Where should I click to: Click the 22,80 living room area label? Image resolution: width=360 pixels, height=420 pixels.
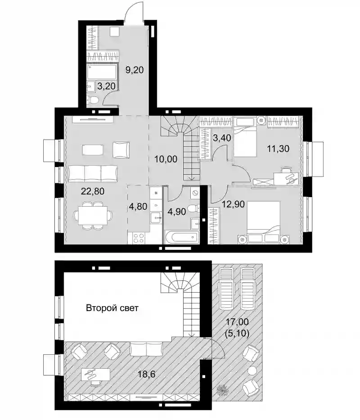coord(93,191)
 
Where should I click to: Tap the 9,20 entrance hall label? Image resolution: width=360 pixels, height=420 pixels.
coord(135,70)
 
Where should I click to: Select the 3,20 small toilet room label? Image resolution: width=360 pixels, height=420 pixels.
coord(106,86)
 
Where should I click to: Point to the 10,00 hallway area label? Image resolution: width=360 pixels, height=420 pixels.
coord(166,159)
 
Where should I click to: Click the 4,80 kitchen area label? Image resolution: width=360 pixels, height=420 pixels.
coord(138,207)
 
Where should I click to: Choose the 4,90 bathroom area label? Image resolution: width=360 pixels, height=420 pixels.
coord(177,212)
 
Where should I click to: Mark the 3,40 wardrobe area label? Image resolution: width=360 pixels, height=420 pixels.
coord(222,138)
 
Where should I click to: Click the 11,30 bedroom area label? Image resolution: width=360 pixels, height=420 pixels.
coord(278,149)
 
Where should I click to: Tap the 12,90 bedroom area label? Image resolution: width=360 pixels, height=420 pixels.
coord(233,204)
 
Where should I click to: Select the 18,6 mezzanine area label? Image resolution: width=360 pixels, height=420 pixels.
coord(147,374)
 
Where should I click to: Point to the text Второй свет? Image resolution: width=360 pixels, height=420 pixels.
coord(112,308)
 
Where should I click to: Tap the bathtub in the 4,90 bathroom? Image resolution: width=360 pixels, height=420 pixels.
coord(182,237)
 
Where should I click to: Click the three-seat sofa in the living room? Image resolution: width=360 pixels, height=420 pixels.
coord(93,174)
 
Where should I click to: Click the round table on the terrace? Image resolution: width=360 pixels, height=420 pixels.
coord(252,370)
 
